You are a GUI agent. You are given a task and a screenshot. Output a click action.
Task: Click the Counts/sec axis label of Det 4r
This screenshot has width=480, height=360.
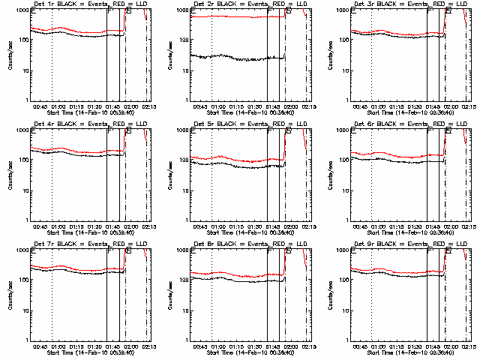point(10,174)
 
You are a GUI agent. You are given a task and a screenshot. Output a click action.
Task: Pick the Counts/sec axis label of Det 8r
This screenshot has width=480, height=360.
point(169,294)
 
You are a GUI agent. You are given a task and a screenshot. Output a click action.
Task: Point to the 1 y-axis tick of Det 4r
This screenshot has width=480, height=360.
point(27,220)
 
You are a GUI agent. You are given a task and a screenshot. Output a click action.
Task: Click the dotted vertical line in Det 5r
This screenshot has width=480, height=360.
point(212,172)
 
